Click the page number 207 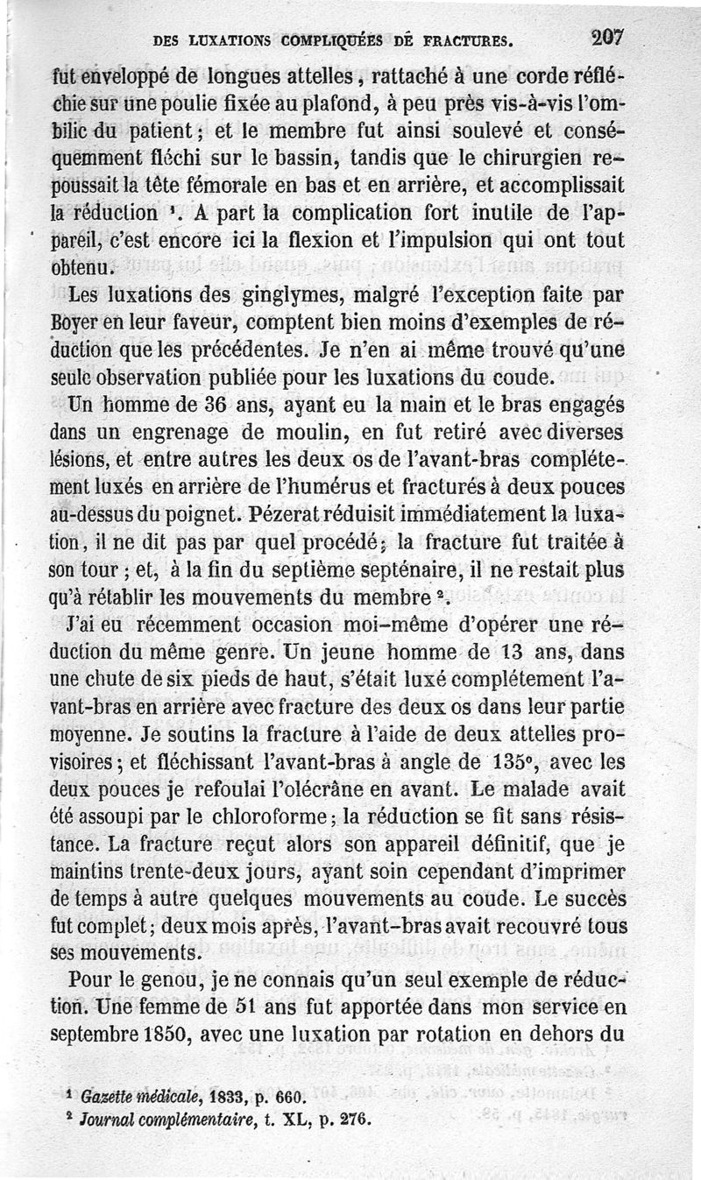(x=605, y=37)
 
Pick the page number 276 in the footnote (x=357, y=1119)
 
